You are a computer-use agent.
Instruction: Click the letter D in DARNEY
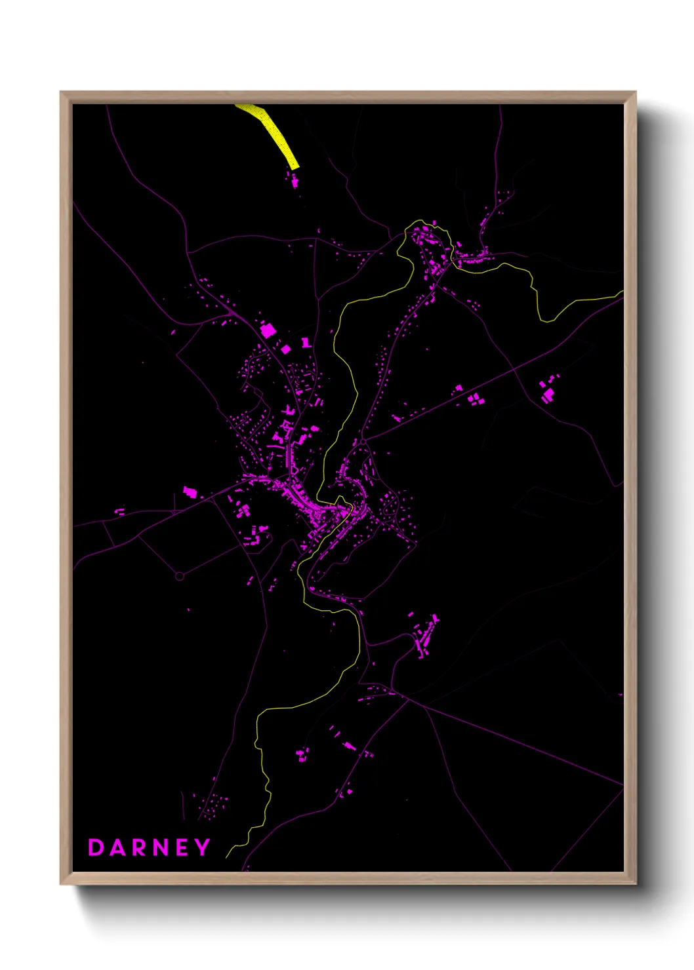tap(96, 847)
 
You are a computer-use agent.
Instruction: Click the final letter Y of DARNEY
tap(202, 847)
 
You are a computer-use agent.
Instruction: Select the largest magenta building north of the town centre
tap(268, 330)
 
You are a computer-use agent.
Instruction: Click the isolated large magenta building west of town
tap(190, 491)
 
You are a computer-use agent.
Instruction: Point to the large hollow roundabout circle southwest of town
tap(179, 576)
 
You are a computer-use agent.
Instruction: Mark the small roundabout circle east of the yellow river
tap(363, 442)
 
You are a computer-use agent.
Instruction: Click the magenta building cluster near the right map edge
tap(547, 391)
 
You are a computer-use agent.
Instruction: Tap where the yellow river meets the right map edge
tap(621, 294)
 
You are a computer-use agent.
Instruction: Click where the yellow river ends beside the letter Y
tap(227, 857)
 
